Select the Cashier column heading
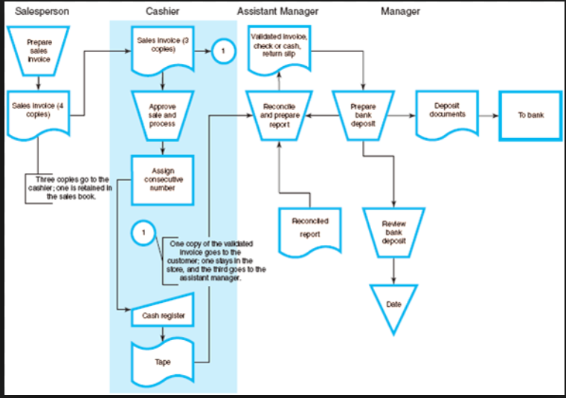(x=162, y=11)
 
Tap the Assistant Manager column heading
(x=277, y=11)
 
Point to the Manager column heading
(x=400, y=11)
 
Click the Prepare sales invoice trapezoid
(x=39, y=50)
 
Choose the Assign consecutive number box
(x=162, y=179)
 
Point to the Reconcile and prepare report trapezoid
(x=278, y=115)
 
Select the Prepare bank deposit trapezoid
(x=363, y=115)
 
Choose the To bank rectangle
(x=530, y=116)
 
